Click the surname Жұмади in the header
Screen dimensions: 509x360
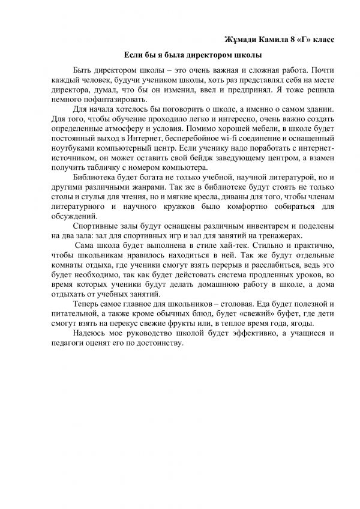[x=240, y=40]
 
